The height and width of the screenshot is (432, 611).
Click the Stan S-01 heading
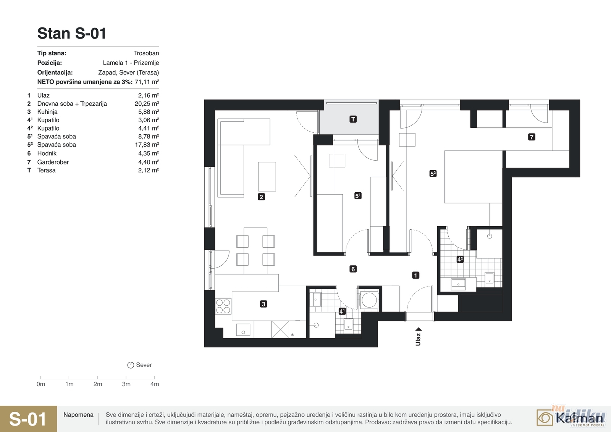point(71,33)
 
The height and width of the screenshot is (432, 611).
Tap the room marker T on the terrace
point(353,119)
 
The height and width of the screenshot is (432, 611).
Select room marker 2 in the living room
point(261,197)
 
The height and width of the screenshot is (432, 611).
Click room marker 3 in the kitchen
point(263,304)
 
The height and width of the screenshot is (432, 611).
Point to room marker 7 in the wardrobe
point(531,137)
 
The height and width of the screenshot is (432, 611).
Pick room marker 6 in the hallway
point(353,269)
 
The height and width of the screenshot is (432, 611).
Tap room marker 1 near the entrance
point(415,275)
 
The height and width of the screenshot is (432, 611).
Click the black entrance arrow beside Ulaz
point(419,329)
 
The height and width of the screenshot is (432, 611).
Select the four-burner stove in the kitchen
point(223,306)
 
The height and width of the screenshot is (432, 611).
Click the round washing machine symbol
point(369,300)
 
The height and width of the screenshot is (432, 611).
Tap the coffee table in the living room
point(267,176)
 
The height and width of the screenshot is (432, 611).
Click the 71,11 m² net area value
point(147,82)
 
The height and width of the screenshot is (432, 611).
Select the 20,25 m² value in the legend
point(147,103)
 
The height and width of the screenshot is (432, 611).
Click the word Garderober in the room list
point(53,162)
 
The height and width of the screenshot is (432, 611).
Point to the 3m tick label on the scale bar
point(126,384)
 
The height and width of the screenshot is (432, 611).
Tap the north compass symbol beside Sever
point(131,365)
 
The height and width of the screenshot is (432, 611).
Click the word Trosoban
point(146,53)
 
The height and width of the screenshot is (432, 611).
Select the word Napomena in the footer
point(78,415)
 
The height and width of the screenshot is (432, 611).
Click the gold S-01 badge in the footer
point(28,419)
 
